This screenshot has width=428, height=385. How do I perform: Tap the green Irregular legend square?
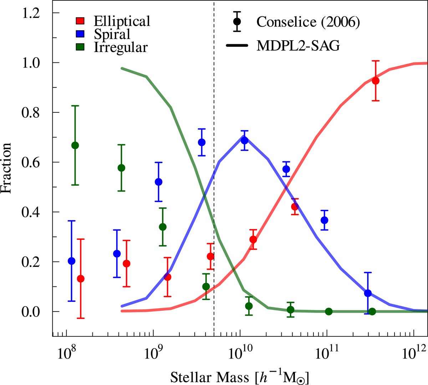point(80,47)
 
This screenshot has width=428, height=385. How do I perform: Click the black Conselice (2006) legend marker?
point(236,21)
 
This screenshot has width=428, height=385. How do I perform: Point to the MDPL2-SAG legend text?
point(298,46)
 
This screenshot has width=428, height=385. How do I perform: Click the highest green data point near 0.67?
point(75,145)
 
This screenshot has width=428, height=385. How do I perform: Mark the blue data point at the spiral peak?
point(244,140)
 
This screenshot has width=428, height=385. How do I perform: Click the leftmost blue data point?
point(71,261)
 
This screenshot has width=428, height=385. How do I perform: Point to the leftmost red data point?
point(81,279)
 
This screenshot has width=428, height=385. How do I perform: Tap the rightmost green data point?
point(372,311)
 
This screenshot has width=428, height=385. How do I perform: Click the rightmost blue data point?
point(368,293)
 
